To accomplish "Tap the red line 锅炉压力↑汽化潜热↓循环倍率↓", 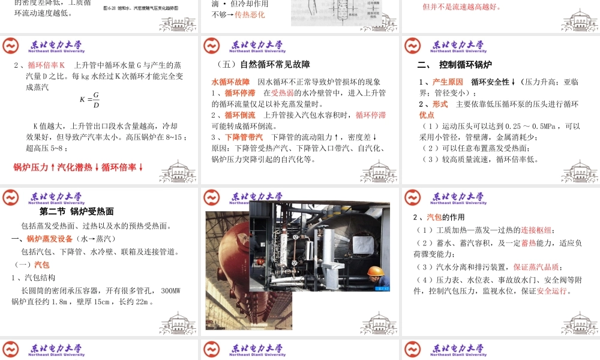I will click(x=78, y=167).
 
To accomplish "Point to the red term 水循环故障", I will click(x=230, y=82).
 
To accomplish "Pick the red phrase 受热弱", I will click(x=281, y=93).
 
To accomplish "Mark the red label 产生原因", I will click(x=448, y=82).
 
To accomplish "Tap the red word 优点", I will click(x=427, y=115).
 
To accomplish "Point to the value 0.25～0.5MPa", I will click(x=532, y=126).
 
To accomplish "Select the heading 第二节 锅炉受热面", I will click(x=77, y=212).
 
